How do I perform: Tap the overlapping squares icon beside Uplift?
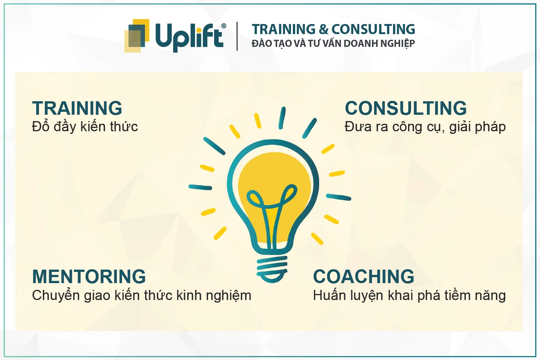(x=136, y=36)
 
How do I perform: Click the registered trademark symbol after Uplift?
(x=223, y=26)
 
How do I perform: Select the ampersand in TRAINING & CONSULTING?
(x=323, y=29)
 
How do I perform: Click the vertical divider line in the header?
(x=237, y=36)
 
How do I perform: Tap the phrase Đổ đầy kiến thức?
(x=85, y=126)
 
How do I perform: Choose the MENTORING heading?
(x=89, y=276)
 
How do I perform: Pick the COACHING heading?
(x=363, y=276)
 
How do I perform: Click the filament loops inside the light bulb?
(x=271, y=198)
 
